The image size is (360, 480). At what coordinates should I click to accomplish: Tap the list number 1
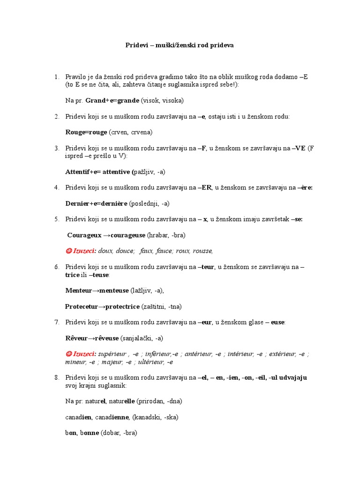pyautogui.click(x=56, y=77)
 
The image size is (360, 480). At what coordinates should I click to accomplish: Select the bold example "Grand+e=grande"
pyautogui.click(x=112, y=101)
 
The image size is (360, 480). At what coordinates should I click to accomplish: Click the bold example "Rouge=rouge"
pyautogui.click(x=86, y=132)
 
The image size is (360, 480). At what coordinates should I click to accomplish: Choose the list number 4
pyautogui.click(x=56, y=188)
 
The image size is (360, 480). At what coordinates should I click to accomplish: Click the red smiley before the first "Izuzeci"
pyautogui.click(x=67, y=251)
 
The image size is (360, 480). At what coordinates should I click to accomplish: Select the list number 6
pyautogui.click(x=56, y=267)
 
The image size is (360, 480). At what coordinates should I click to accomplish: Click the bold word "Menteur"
pyautogui.click(x=78, y=291)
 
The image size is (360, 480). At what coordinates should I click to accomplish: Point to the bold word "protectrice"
pyautogui.click(x=122, y=307)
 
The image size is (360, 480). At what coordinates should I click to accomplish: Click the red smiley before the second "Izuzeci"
pyautogui.click(x=67, y=354)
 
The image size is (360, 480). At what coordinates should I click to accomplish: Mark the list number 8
pyautogui.click(x=56, y=377)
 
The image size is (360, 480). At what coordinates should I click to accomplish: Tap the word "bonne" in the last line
pyautogui.click(x=89, y=433)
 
